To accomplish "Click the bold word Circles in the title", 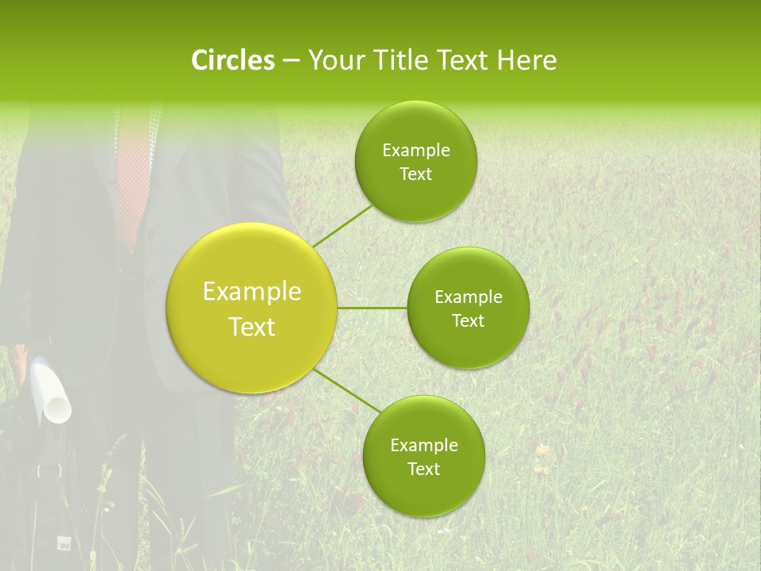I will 232,60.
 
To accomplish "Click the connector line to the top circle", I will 343,224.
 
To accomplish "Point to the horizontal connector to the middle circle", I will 372,307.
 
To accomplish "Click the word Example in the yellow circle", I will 252,292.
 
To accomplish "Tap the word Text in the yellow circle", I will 252,327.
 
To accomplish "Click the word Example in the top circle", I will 416,151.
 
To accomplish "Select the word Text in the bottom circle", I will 423,469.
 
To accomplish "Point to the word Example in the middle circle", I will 468,297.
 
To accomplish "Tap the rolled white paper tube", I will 52,393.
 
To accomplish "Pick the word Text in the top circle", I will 415,174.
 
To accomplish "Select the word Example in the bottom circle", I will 424,446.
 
